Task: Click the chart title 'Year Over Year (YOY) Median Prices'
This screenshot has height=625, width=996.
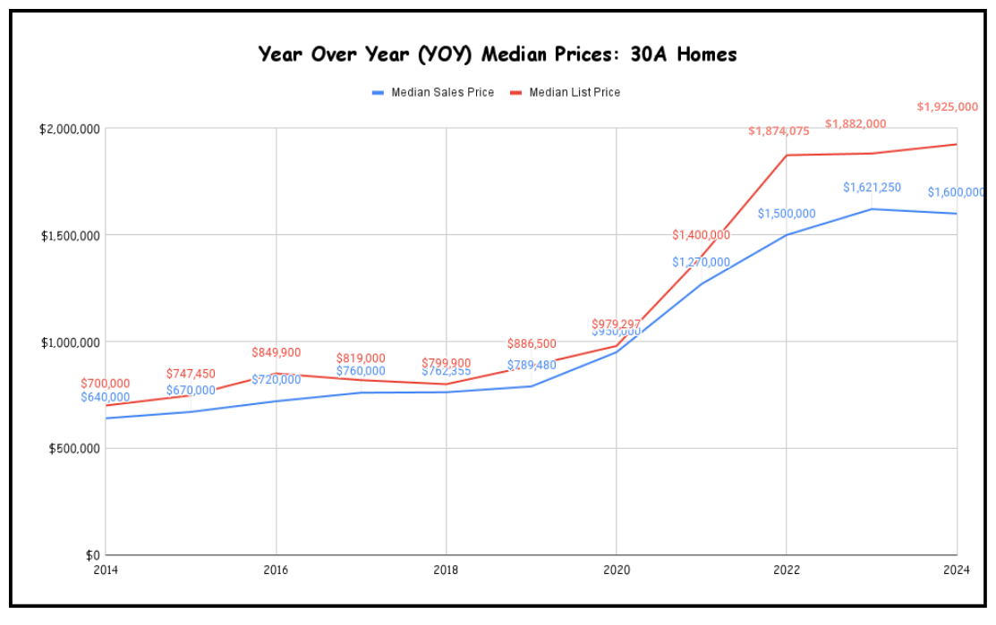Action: [498, 55]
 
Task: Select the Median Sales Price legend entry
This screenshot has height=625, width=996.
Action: [442, 92]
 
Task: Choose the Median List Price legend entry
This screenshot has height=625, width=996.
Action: [574, 92]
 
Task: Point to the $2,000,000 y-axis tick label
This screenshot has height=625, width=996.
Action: [69, 129]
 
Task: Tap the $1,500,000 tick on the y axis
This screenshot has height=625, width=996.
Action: [69, 235]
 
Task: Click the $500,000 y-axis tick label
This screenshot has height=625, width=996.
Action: [73, 448]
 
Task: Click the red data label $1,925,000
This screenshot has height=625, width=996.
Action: [947, 106]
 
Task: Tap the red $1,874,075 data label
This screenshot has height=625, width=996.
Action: [779, 131]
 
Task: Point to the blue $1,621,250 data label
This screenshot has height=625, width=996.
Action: [872, 188]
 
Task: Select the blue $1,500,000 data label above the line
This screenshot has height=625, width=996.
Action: [787, 214]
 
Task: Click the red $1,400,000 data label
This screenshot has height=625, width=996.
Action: [701, 235]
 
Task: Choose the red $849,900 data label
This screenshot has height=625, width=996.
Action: [276, 352]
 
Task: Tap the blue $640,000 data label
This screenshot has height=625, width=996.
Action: [105, 397]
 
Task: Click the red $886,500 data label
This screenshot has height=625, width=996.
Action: [532, 343]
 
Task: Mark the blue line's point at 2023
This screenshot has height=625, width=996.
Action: [872, 209]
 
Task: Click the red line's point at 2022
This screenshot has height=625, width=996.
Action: [787, 156]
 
